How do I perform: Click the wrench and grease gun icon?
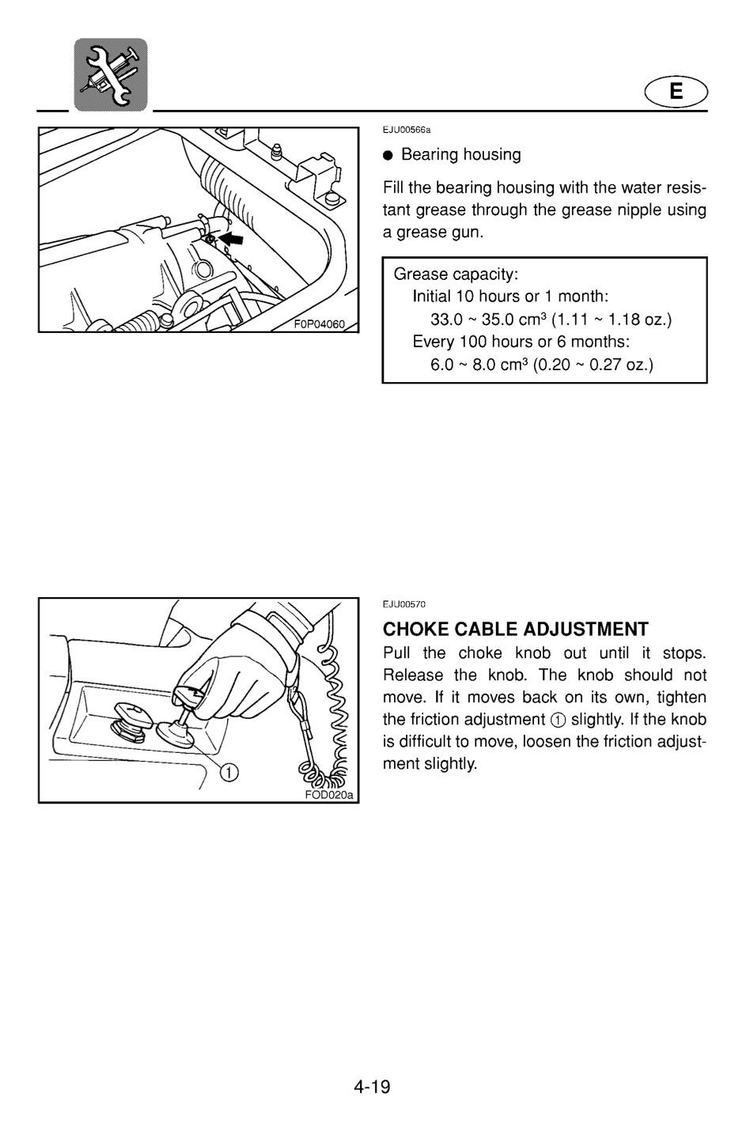pos(111,74)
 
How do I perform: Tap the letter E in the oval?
pos(676,91)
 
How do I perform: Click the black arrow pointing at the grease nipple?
pos(231,237)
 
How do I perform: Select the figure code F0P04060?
pos(320,324)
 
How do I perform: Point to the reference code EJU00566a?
pos(407,130)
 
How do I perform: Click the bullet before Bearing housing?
pos(388,155)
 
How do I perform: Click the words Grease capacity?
pos(455,274)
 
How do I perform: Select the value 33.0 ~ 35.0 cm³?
pos(487,320)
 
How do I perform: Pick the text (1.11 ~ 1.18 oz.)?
pos(612,320)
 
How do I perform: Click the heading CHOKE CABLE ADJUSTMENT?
pos(516,629)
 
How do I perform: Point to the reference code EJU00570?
pos(403,604)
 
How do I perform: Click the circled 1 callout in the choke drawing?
pos(229,773)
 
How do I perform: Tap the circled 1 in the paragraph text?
pos(558,720)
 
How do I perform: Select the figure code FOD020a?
pos(328,795)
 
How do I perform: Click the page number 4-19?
pos(372,1087)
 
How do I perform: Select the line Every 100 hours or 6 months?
pos(521,341)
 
